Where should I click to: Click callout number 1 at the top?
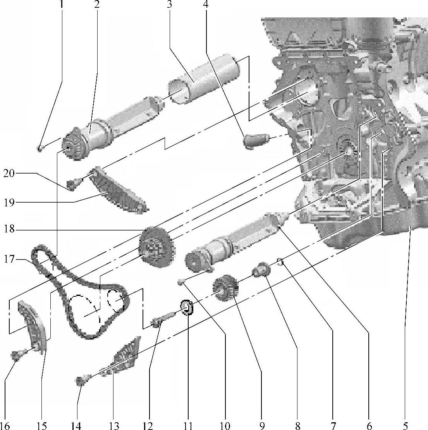click(x=61, y=5)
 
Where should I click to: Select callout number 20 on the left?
click(x=9, y=174)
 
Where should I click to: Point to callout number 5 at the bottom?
click(x=405, y=425)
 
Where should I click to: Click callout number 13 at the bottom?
click(x=114, y=425)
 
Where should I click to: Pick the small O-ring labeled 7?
click(x=282, y=262)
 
